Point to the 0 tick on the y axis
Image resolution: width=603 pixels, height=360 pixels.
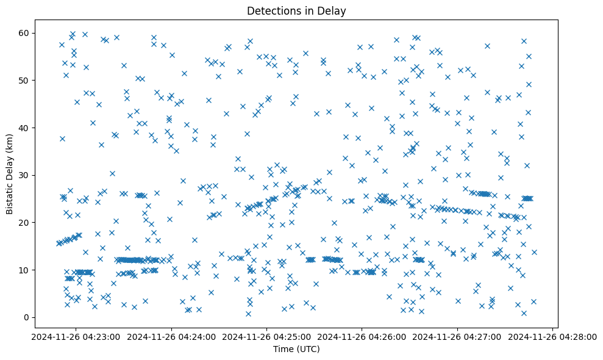(x=27, y=317)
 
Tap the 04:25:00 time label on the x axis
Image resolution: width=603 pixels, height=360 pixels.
(x=266, y=336)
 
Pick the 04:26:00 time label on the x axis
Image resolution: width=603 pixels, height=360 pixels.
(x=362, y=336)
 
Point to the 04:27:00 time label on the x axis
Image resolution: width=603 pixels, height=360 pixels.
(x=458, y=336)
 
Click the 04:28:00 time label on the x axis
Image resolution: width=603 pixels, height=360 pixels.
(x=553, y=336)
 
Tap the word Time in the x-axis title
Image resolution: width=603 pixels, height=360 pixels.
(x=283, y=350)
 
